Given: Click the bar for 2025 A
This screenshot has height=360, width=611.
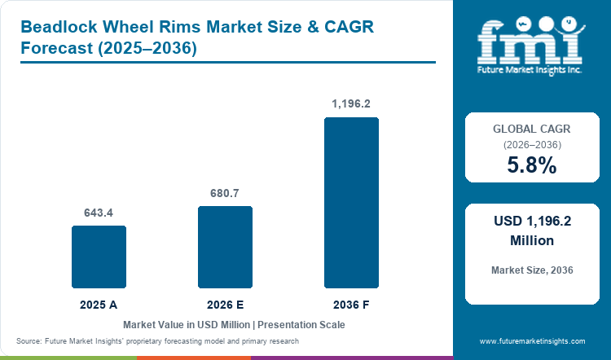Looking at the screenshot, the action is [x=99, y=257].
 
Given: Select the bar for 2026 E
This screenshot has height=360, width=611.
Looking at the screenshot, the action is [x=225, y=247].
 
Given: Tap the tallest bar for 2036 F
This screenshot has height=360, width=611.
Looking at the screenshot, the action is [x=351, y=203].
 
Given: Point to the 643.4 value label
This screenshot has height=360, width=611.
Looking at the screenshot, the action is [x=99, y=213].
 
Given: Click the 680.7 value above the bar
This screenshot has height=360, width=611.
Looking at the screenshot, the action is [x=225, y=193].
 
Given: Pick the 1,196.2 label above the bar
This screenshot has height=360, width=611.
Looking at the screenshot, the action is [x=351, y=103].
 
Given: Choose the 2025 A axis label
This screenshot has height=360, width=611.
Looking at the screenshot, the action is [x=99, y=305].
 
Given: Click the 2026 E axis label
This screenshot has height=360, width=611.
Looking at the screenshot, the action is [x=225, y=305].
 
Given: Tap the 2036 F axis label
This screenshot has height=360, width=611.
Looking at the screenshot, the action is [x=351, y=305].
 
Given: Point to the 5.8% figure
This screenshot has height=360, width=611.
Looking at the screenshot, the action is [x=532, y=165].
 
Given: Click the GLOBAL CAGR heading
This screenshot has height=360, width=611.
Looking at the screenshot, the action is [x=532, y=129].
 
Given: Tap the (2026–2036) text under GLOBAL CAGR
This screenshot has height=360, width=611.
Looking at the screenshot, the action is [x=532, y=145].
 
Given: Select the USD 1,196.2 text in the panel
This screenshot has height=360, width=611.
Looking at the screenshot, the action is [x=532, y=222].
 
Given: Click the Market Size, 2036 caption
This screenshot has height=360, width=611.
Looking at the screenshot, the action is [x=532, y=270].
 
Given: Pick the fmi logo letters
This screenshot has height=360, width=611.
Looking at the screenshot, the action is [x=530, y=42].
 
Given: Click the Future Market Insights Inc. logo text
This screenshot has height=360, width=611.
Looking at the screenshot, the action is [x=530, y=70].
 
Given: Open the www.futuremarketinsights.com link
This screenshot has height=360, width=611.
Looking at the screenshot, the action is [x=532, y=341].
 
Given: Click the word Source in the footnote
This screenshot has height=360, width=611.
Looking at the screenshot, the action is [x=29, y=341].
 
